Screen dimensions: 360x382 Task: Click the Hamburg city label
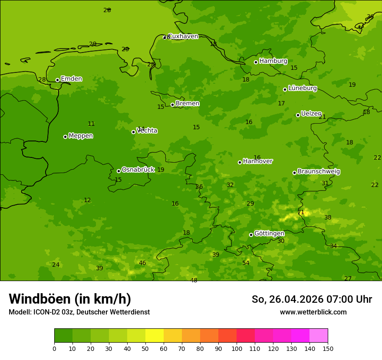273,61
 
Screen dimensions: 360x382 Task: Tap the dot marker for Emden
57,80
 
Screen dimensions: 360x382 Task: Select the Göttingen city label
269,233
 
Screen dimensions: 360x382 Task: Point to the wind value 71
301,213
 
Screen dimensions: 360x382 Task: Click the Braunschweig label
319,172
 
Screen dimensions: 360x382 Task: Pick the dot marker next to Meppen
65,137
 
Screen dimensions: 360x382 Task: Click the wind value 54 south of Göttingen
246,263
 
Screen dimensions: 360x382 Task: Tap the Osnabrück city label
138,170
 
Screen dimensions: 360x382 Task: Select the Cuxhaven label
183,36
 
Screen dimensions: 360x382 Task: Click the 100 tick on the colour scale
237,348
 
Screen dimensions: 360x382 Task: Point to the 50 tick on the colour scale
145,348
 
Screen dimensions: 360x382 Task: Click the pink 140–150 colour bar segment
319,336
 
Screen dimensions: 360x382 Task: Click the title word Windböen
40,299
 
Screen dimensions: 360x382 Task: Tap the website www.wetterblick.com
313,312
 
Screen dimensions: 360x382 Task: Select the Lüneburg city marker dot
285,89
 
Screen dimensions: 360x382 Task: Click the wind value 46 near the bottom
142,263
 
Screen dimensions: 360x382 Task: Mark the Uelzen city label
311,114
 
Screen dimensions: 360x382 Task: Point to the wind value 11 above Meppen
91,124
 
